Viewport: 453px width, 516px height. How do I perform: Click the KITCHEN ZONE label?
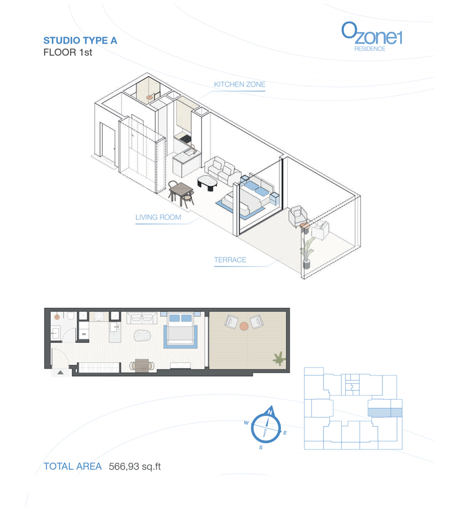point(240,85)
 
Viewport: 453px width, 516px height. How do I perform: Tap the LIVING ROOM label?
point(158,218)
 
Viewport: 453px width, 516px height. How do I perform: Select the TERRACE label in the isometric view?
point(230,260)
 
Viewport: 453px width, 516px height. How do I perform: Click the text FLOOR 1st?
point(68,53)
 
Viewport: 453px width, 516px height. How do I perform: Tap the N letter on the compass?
point(270,413)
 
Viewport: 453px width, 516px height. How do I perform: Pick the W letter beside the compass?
point(246,423)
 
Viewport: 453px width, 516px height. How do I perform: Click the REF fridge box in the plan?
point(83,333)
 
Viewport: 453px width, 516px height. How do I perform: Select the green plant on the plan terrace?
point(279,359)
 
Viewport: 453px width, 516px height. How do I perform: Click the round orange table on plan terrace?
point(244,326)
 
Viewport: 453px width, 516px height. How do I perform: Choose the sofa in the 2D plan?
point(142,318)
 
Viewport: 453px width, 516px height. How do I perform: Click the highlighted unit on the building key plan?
point(385,412)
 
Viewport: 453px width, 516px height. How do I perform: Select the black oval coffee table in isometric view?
point(208,182)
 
